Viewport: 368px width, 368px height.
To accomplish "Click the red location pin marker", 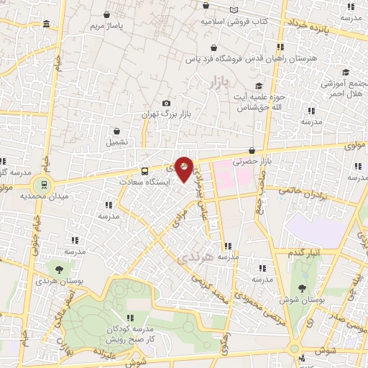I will coord(184,169).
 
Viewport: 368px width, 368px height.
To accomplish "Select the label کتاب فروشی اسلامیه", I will coord(234,22).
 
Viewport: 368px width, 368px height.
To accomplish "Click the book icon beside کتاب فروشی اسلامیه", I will coord(233,10).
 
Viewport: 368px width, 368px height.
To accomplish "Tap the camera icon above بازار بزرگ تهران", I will coord(167,103).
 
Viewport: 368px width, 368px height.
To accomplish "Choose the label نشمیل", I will coord(116,142).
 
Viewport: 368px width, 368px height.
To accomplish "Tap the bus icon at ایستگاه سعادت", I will coord(144,171).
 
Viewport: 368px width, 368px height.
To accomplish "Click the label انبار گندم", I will coord(306,253).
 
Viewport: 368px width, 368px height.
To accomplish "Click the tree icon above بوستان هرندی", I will coord(58,269).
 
